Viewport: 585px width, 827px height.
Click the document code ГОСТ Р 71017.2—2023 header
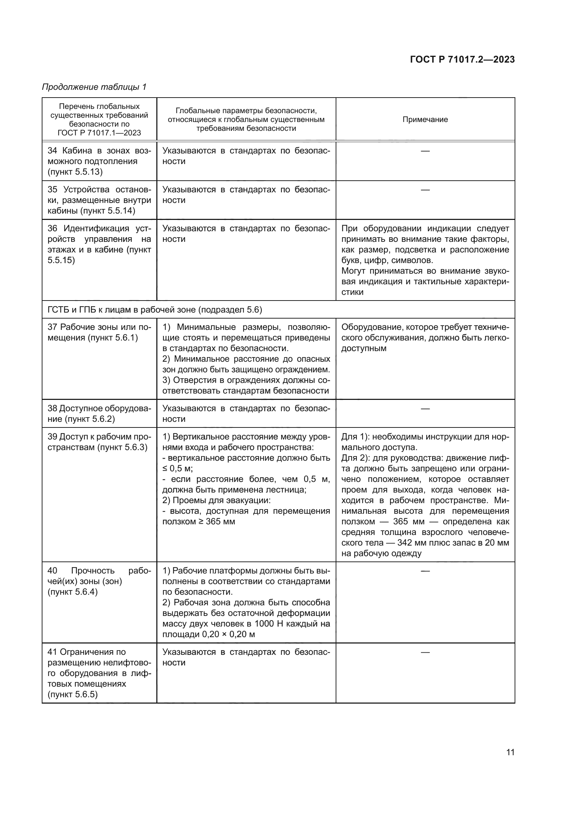pyautogui.click(x=462, y=59)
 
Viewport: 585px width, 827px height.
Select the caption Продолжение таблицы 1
pyautogui.click(x=94, y=87)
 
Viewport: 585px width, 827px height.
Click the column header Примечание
pyautogui.click(x=425, y=120)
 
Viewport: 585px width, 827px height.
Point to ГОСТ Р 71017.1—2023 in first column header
pyautogui.click(x=99, y=133)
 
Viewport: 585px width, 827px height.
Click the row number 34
pyautogui.click(x=52, y=151)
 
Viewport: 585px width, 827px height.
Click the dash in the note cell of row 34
pyautogui.click(x=425, y=151)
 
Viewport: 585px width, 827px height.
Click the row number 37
pyautogui.click(x=52, y=327)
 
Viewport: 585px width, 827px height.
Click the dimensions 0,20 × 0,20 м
pyautogui.click(x=228, y=634)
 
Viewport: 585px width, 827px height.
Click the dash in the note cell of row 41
pyautogui.click(x=425, y=652)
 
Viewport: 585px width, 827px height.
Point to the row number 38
pyautogui.click(x=52, y=408)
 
